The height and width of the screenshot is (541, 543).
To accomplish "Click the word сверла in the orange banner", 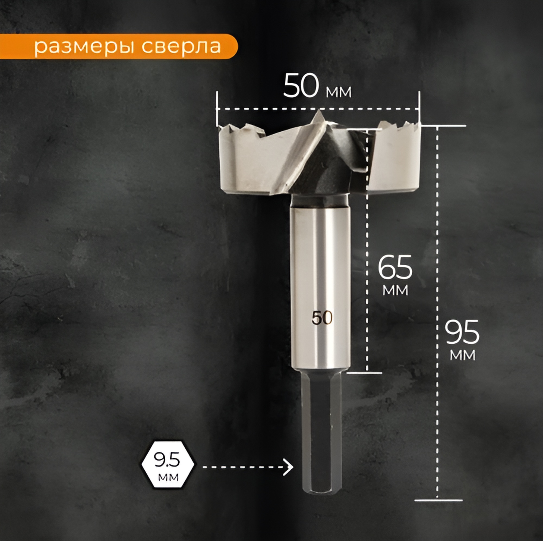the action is point(182,47).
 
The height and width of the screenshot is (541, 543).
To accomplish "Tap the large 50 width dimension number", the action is point(301,86).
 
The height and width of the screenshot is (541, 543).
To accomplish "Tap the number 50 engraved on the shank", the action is point(322,318).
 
